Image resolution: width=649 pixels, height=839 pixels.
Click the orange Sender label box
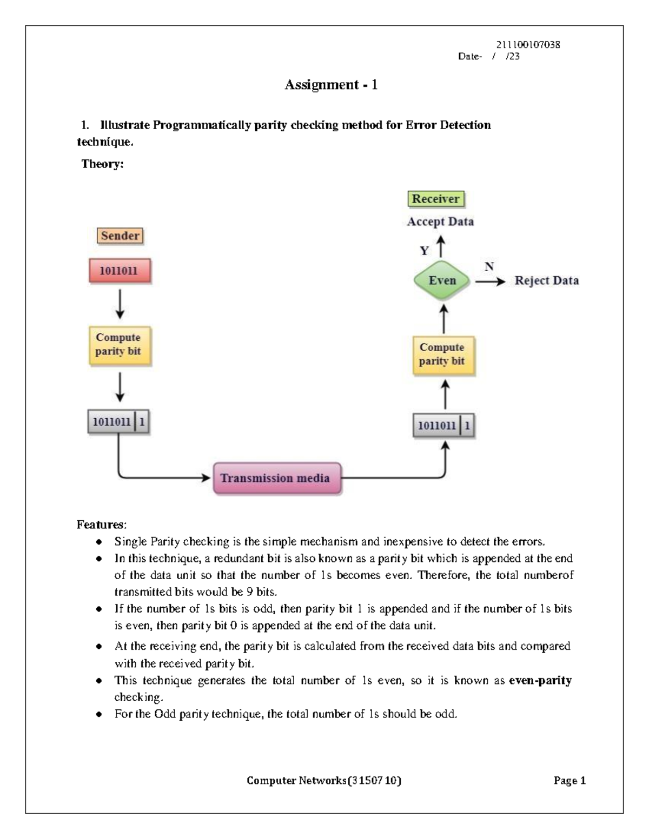point(120,236)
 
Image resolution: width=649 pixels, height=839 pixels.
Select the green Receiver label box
point(435,199)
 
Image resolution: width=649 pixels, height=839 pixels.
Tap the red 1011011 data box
point(119,271)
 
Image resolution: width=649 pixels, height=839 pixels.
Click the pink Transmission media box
point(277,478)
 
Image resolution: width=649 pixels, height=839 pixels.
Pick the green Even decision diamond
point(442,280)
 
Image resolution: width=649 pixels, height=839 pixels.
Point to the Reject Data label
point(546,280)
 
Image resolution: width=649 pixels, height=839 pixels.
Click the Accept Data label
point(440,222)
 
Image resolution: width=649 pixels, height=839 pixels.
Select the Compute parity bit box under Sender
point(119,345)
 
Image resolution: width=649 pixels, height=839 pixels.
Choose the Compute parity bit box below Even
point(442,354)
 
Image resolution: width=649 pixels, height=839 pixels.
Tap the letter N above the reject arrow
point(489,266)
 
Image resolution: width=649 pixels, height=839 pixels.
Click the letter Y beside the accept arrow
point(425,251)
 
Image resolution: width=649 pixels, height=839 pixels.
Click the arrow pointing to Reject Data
point(490,281)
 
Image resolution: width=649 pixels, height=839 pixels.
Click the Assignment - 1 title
point(331,85)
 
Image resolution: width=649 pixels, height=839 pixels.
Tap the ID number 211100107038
point(528,45)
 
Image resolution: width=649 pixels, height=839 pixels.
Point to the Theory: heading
point(102,164)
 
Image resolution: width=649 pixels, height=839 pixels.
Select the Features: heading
point(102,524)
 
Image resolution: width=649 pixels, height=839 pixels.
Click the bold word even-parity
point(540,680)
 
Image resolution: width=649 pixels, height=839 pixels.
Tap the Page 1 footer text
point(569,780)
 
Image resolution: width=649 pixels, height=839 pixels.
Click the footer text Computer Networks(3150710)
point(324,780)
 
